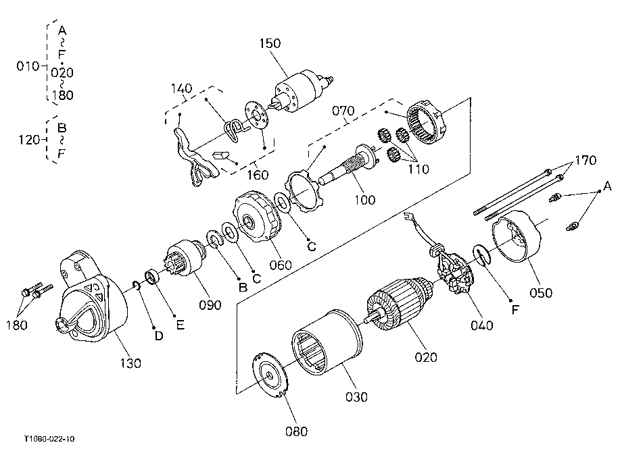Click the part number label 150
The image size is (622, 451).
(x=270, y=43)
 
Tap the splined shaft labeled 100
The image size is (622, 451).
(x=348, y=165)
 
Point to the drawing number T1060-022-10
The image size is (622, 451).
(x=49, y=439)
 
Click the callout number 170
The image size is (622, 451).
(x=586, y=161)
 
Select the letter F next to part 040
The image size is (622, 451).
(x=515, y=309)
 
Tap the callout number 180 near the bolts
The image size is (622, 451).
(x=17, y=325)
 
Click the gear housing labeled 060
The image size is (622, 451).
(x=257, y=217)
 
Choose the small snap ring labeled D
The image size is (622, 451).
(x=137, y=286)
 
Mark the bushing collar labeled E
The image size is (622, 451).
(x=151, y=276)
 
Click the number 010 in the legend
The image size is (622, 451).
(x=27, y=66)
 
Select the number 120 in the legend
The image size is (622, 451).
(x=29, y=140)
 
